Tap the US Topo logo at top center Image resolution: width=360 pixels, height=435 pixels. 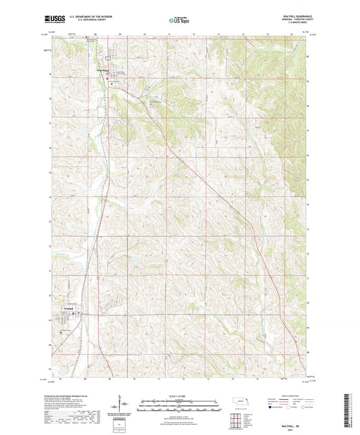pyautogui.click(x=179, y=21)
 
